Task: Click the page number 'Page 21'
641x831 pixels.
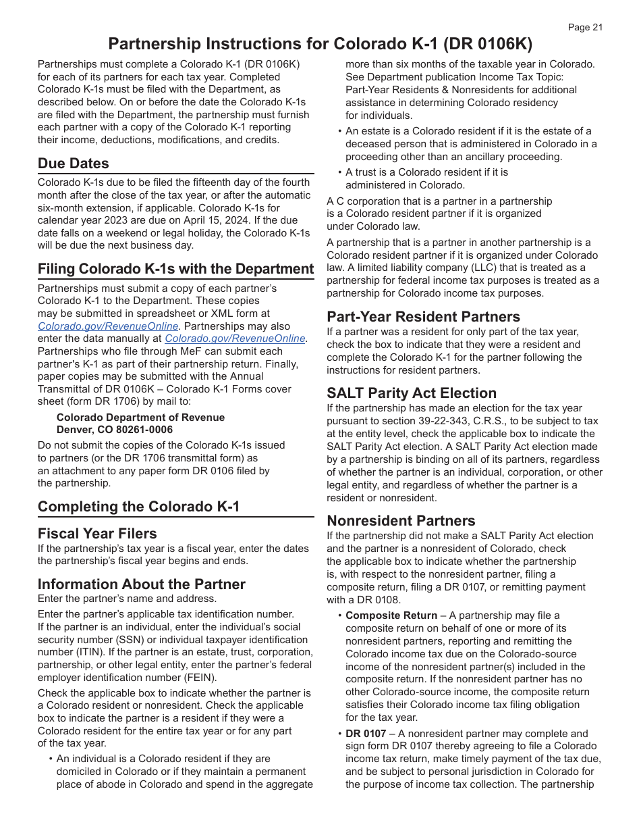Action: [584, 28]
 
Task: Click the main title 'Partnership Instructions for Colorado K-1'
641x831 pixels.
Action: [320, 44]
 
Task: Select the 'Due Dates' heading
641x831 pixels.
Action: [73, 163]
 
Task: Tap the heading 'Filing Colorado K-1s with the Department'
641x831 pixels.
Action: [175, 269]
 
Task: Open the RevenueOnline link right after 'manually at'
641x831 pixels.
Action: [235, 338]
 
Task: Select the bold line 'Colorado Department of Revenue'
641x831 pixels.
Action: [140, 418]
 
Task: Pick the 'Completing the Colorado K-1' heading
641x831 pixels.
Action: [138, 507]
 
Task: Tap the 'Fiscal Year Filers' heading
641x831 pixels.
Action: [97, 534]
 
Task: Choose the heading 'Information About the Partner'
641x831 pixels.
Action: [141, 584]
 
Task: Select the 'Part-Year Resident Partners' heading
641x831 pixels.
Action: [423, 317]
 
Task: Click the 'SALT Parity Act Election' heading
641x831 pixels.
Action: [411, 393]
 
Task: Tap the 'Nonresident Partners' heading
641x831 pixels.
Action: [401, 521]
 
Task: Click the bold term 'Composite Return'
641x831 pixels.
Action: [391, 615]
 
